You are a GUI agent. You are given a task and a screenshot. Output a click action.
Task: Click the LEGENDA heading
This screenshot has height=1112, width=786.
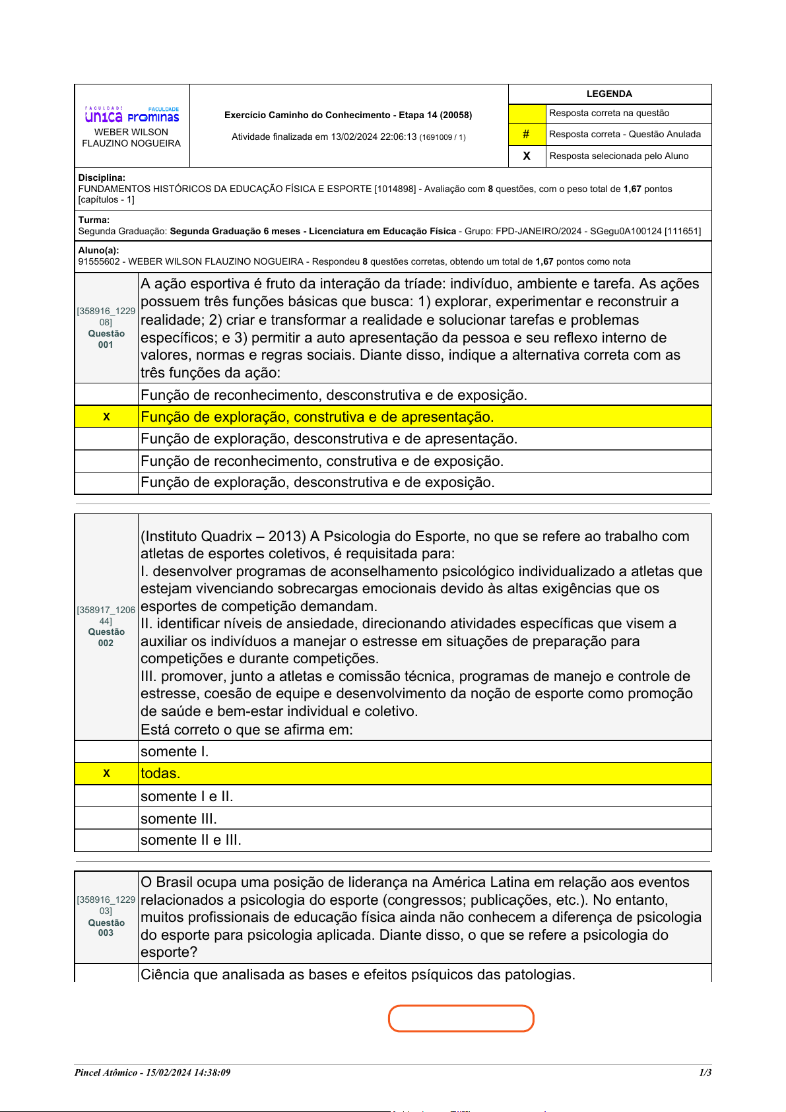point(609,94)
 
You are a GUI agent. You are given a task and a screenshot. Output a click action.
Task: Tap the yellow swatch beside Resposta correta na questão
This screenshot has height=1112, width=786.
point(527,114)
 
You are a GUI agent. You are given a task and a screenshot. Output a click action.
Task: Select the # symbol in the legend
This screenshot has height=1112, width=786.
point(526,134)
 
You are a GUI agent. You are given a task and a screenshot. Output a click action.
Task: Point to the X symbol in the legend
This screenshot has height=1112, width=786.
point(527,156)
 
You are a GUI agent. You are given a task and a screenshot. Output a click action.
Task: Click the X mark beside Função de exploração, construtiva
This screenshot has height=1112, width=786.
point(106,417)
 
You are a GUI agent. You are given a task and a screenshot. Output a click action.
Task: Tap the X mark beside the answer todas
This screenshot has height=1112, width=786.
point(106,773)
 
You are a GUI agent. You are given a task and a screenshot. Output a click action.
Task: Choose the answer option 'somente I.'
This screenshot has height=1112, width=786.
point(175,752)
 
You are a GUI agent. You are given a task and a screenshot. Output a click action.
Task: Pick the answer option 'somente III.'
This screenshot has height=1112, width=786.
point(179,819)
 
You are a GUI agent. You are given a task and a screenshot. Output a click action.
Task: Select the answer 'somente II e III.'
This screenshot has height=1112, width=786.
point(191,840)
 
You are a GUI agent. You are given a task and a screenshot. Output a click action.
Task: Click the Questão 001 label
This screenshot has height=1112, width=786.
point(106,339)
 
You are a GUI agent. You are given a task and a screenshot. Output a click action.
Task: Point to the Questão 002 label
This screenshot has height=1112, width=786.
point(106,638)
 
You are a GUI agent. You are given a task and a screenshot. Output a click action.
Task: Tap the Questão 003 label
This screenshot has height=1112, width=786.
point(106,928)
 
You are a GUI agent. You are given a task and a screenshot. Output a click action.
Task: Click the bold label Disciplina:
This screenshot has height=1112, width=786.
point(102,178)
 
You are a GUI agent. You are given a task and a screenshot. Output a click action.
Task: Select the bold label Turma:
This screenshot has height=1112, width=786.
point(94,220)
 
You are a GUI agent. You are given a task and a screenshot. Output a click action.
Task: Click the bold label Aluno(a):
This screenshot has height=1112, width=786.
point(98,250)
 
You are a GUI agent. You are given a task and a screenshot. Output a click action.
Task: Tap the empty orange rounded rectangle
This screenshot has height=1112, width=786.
point(461,1018)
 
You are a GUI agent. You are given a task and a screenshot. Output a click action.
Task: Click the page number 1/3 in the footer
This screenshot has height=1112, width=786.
point(705,1072)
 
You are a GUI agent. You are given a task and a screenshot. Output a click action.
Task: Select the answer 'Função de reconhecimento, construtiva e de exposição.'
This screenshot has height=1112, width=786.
point(322,461)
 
